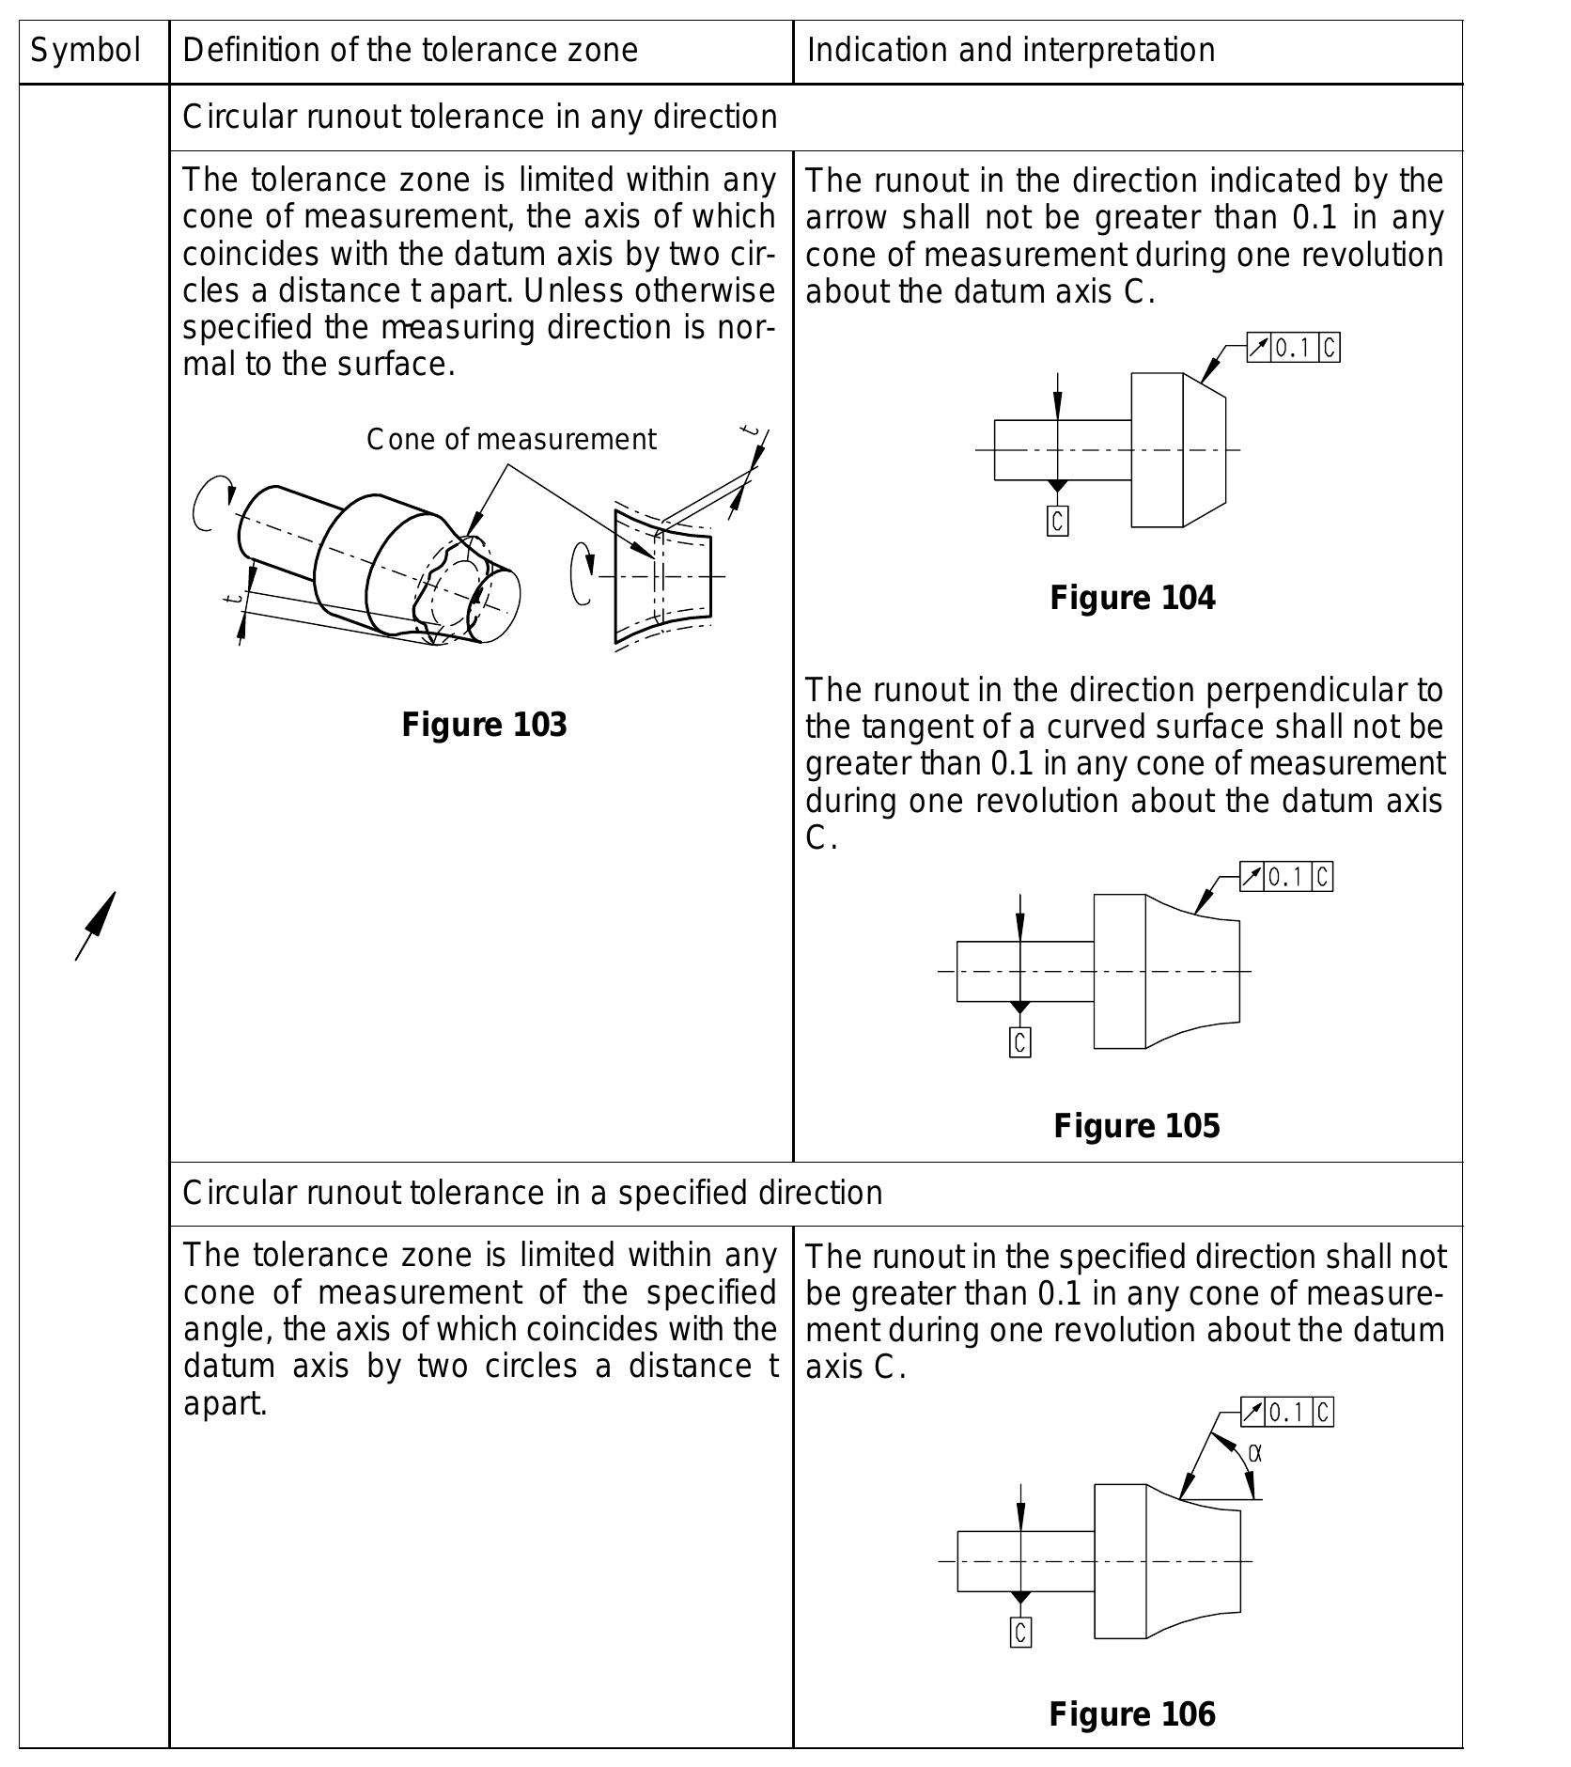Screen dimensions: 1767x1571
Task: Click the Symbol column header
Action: point(86,50)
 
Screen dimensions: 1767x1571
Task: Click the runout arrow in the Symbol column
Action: point(96,926)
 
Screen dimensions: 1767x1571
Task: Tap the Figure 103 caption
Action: point(484,725)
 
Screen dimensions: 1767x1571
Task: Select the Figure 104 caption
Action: point(1132,598)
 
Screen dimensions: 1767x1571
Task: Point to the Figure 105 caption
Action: point(1136,1125)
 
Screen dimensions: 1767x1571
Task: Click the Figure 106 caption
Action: point(1132,1713)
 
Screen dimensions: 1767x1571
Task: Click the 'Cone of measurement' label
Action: point(511,439)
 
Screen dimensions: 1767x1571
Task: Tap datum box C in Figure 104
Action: point(1057,521)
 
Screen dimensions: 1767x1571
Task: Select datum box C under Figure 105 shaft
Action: point(1019,1041)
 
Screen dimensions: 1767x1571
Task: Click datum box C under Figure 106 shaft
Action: point(1020,1632)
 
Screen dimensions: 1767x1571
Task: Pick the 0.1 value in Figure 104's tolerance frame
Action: point(1293,349)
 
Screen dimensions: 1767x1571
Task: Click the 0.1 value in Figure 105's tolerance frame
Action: point(1287,877)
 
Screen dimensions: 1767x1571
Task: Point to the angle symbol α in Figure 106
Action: point(1255,1454)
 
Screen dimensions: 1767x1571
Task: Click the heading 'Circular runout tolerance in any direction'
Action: point(479,117)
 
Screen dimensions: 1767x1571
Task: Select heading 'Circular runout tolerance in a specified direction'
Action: point(532,1193)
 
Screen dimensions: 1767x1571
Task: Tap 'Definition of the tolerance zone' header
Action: point(410,50)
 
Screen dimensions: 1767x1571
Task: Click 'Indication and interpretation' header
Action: point(1010,50)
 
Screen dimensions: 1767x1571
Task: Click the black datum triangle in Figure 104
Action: point(1057,486)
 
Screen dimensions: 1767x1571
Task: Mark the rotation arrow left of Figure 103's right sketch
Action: point(582,573)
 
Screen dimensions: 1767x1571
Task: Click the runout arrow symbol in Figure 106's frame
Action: point(1252,1412)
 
